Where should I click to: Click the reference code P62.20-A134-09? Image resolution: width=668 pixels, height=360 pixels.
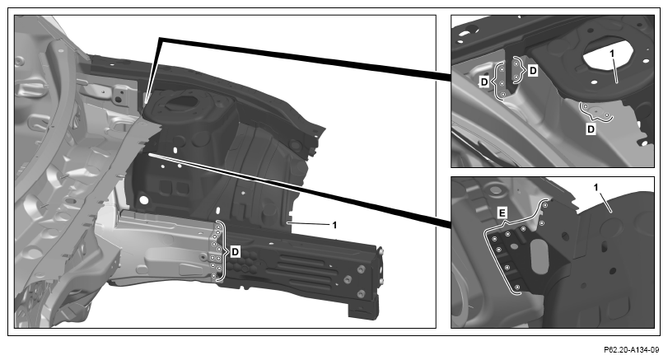point(631,350)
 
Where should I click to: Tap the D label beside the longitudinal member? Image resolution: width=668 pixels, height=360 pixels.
point(235,252)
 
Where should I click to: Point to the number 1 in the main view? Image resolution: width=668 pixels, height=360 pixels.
point(334,225)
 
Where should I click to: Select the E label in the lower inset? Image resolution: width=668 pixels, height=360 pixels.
point(502,213)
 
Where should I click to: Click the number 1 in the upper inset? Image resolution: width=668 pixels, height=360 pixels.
point(612,54)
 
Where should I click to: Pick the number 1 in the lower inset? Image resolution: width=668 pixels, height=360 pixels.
point(596,187)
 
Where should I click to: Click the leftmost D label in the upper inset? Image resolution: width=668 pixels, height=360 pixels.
point(484,82)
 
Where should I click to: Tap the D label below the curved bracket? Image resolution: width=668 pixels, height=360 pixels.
point(591,129)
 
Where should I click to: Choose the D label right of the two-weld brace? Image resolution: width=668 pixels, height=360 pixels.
point(533,71)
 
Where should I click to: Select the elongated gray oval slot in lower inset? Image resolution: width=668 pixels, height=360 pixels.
point(539,256)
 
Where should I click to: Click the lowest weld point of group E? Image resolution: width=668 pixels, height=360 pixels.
point(516,287)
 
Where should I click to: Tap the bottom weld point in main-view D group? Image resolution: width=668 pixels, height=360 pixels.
point(213,276)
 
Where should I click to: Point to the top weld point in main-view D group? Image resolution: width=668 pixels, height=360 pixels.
point(217,227)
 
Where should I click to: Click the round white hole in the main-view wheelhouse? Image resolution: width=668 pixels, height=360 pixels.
point(143,199)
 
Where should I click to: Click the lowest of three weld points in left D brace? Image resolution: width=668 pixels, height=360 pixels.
point(502,94)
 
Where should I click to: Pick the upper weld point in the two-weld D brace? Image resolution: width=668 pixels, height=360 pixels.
point(516,64)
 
